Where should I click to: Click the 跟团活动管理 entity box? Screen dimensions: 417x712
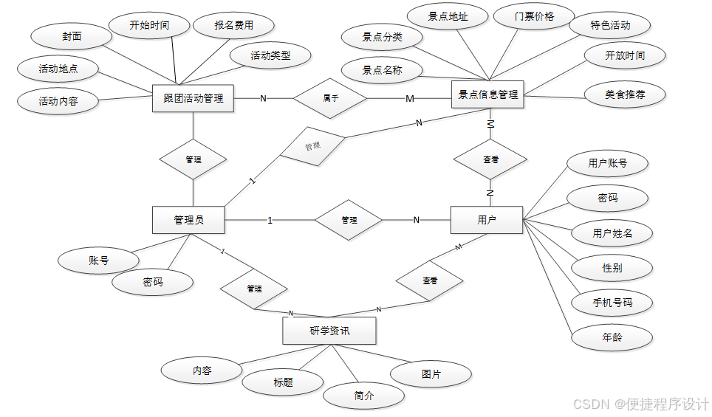193,98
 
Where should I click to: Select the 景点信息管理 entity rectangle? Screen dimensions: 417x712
487,94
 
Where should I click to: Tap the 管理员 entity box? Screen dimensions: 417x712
188,220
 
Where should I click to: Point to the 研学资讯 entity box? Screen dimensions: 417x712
329,331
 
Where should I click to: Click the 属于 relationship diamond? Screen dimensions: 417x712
330,97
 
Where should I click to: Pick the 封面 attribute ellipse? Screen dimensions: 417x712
72,35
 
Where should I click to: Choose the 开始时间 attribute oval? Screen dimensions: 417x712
149,25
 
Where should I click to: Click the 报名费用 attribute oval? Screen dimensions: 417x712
234,25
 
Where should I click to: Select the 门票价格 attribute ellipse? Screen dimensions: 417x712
534,16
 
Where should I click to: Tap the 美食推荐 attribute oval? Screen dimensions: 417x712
625,94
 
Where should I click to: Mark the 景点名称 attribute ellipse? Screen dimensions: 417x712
382,71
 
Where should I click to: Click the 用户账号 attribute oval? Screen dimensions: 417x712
607,163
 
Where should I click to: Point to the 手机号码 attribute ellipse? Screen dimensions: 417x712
612,303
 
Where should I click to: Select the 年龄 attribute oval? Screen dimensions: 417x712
612,337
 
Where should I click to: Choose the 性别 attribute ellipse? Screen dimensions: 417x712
612,267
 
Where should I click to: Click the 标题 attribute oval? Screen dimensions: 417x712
283,382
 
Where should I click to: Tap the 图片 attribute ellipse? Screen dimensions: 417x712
431,374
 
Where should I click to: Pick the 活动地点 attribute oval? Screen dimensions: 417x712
58,70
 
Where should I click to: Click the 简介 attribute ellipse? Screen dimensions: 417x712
364,396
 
